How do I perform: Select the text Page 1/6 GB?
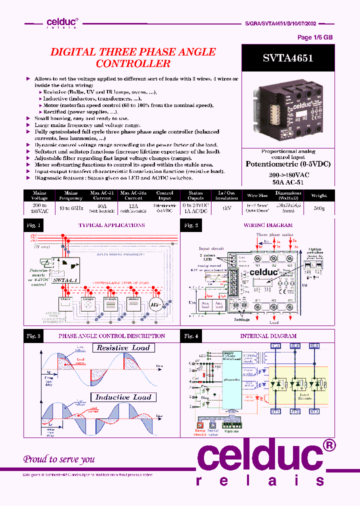(315, 37)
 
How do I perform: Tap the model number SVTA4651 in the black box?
(288, 58)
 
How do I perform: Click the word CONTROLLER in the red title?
(133, 64)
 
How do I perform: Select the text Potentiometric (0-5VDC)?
(288, 164)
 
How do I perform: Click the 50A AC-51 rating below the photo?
(288, 183)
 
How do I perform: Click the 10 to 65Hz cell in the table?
(70, 208)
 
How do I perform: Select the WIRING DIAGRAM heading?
(268, 225)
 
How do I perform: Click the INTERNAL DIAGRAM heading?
(268, 336)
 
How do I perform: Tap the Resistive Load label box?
(123, 347)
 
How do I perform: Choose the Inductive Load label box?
(123, 397)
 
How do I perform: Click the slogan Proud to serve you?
(59, 459)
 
